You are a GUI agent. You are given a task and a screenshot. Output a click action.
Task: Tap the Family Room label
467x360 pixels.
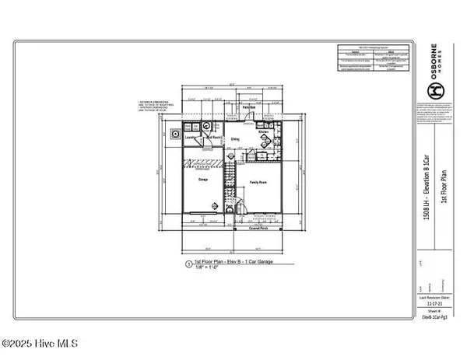pos(258,182)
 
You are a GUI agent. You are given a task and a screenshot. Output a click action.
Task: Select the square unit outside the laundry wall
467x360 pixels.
pos(175,133)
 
